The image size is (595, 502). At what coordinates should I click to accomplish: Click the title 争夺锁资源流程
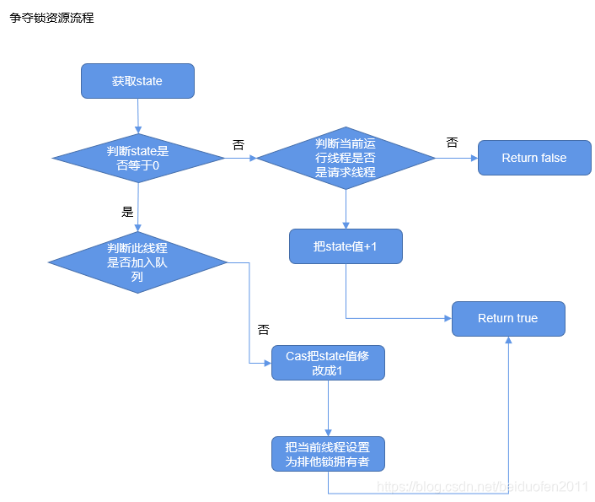pyautogui.click(x=51, y=18)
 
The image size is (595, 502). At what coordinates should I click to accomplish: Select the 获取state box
pyautogui.click(x=137, y=81)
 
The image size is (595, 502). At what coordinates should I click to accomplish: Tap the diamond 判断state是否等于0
pyautogui.click(x=137, y=158)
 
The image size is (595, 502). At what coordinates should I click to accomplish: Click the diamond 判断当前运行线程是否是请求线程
pyautogui.click(x=345, y=158)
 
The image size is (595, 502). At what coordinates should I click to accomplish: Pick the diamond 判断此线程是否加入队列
pyautogui.click(x=137, y=262)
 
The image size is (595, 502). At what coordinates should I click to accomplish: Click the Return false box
pyautogui.click(x=533, y=158)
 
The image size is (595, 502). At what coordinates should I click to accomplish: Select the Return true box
pyautogui.click(x=507, y=318)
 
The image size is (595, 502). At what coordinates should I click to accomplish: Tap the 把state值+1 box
pyautogui.click(x=346, y=246)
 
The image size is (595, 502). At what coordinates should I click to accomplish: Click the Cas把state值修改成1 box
pyautogui.click(x=327, y=363)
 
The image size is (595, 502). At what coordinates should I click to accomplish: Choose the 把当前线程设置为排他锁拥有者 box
pyautogui.click(x=327, y=454)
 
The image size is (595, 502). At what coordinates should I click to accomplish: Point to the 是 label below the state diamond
pyautogui.click(x=128, y=212)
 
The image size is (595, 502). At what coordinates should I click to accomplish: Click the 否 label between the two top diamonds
pyautogui.click(x=238, y=144)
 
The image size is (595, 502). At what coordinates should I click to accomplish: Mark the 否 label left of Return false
pyautogui.click(x=452, y=143)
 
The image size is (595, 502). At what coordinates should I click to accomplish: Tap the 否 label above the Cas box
pyautogui.click(x=263, y=329)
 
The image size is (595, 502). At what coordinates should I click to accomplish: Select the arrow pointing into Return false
pyautogui.click(x=456, y=158)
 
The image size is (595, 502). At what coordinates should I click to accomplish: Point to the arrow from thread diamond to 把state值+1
pyautogui.click(x=346, y=208)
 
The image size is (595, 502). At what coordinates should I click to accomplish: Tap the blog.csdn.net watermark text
pyautogui.click(x=482, y=487)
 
